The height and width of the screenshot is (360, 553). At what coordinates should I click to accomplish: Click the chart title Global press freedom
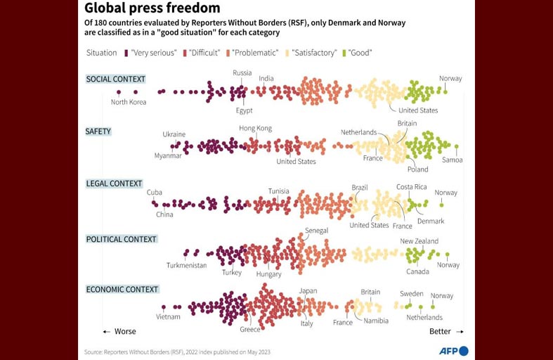point(152,8)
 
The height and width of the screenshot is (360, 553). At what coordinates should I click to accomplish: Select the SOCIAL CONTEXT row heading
point(115,79)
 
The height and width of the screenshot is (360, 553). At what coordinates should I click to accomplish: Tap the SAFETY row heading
point(98,131)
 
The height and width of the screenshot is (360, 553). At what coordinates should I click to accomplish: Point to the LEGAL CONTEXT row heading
point(114,184)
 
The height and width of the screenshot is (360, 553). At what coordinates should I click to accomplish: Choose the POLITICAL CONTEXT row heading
point(121,239)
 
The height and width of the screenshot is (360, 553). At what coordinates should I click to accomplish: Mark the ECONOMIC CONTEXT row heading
point(122,289)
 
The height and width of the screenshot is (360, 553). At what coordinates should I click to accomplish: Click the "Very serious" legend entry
point(150,53)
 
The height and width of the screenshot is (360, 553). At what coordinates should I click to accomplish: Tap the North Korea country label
point(129,102)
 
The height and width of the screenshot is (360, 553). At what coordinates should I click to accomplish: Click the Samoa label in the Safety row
point(453,160)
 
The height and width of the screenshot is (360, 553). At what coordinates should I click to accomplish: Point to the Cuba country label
point(155,193)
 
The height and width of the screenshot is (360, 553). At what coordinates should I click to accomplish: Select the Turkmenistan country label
point(186,265)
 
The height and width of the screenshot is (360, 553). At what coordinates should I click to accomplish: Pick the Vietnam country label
point(168,316)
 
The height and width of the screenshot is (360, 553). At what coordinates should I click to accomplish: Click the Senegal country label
point(316,231)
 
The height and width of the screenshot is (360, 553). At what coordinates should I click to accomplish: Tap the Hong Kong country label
point(255,128)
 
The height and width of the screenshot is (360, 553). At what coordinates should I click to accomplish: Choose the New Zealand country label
point(419,241)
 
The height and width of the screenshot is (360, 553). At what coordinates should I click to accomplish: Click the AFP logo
point(453,351)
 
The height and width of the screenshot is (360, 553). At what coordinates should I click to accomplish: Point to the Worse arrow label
point(119,331)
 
